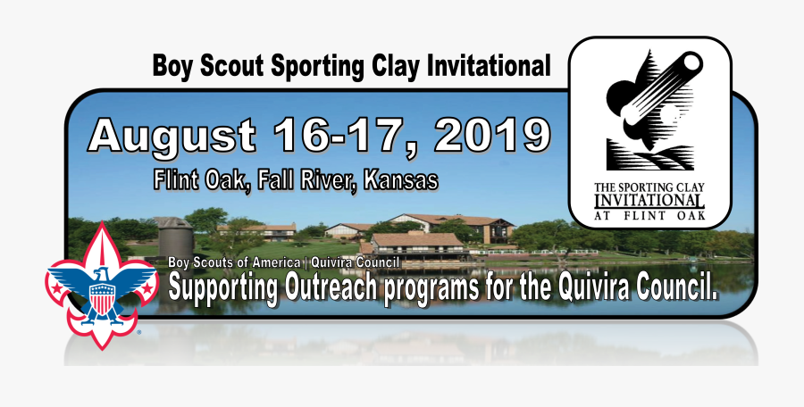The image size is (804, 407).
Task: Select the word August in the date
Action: click(x=172, y=137)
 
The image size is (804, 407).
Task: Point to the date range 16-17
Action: click(x=343, y=135)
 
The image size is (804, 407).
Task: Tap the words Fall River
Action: click(x=306, y=180)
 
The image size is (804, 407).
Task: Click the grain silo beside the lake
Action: click(x=174, y=237)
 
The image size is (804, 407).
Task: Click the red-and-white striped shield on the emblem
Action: click(x=103, y=299)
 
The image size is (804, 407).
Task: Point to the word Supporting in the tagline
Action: click(x=223, y=287)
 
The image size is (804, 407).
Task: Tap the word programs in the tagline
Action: click(x=431, y=288)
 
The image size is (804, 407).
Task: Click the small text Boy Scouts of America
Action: click(x=234, y=263)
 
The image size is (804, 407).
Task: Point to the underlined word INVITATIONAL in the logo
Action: click(x=649, y=201)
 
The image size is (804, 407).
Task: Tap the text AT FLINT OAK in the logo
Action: click(x=649, y=216)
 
